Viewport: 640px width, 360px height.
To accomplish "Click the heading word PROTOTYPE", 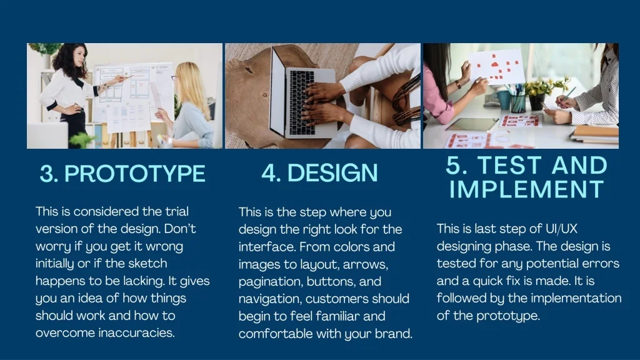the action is pos(135,174).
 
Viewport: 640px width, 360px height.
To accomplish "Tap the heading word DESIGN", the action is pos(332,172).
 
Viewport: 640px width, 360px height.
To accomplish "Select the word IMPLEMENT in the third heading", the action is pos(526,189).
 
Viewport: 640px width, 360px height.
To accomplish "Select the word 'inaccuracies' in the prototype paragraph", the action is pos(136,332).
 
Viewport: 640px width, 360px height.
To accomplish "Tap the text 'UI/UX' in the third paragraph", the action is pos(562,229).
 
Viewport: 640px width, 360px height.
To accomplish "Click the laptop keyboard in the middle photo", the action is pos(302,102).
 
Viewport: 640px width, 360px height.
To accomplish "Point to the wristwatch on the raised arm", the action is pos(458,84).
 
